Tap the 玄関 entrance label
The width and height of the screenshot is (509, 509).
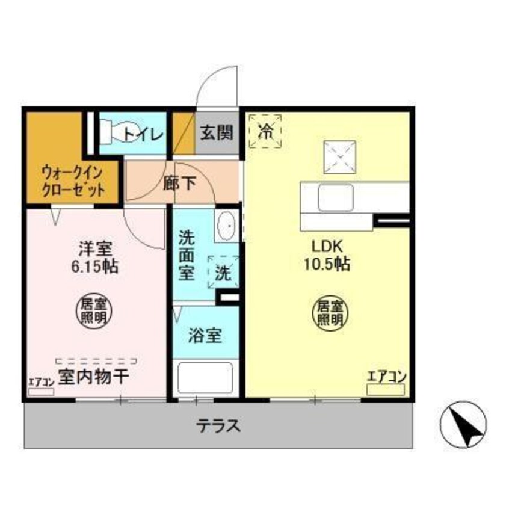[216, 133]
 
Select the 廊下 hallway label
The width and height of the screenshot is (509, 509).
[179, 184]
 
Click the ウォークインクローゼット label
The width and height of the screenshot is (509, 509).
[73, 181]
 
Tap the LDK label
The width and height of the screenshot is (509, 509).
[327, 247]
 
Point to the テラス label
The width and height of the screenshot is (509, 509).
[218, 427]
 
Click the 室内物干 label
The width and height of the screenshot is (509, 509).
[93, 378]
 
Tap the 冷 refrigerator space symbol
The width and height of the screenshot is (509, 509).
[265, 131]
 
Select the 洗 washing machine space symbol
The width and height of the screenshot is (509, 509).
[223, 272]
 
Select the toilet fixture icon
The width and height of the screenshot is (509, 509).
[109, 132]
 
